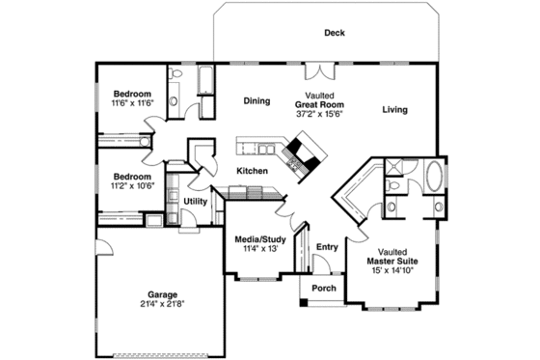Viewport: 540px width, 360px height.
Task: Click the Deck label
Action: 334,33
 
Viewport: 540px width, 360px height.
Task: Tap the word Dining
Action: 256,100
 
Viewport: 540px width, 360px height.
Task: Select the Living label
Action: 393,110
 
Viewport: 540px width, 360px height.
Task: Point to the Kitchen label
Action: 253,171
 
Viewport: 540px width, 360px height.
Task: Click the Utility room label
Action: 195,201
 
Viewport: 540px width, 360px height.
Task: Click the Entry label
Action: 327,247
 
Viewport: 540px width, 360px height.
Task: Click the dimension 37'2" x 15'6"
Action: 319,114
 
